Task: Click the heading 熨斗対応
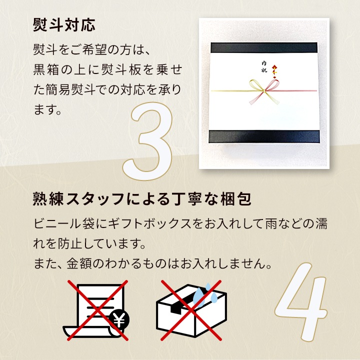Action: click(x=64, y=25)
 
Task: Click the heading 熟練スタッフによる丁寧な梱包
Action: click(x=142, y=199)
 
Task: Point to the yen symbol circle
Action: click(x=119, y=320)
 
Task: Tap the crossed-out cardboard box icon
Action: click(x=191, y=310)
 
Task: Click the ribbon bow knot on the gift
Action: click(x=264, y=91)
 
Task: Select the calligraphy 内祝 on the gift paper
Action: click(x=264, y=67)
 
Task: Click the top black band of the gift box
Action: click(x=264, y=47)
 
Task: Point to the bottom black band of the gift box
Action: click(x=264, y=136)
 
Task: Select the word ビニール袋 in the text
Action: click(x=64, y=223)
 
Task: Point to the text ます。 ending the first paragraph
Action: click(x=47, y=109)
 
